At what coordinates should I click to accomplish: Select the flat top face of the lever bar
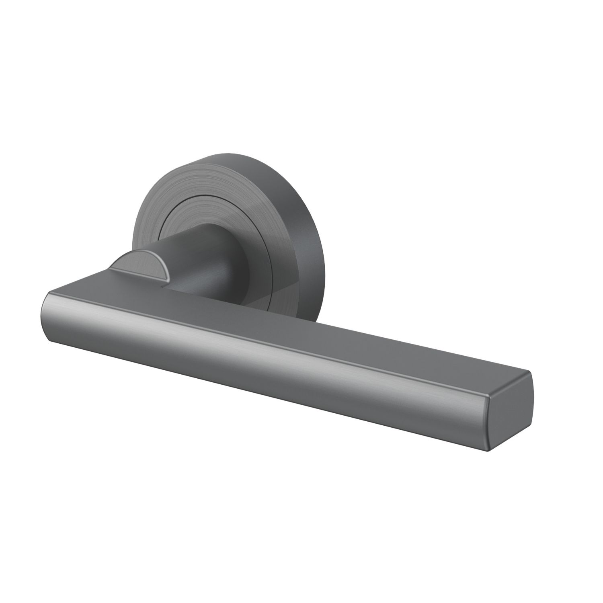point(281,322)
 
